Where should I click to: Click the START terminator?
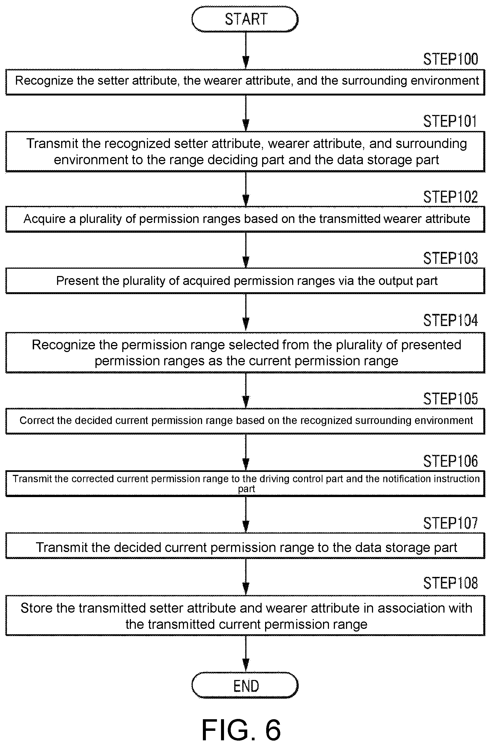click(245, 19)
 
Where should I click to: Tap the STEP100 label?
click(451, 59)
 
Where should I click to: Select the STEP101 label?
click(450, 121)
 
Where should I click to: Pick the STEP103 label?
click(451, 259)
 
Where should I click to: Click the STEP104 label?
click(451, 320)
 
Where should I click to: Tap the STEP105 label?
click(451, 399)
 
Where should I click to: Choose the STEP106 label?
click(451, 461)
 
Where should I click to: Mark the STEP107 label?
click(451, 523)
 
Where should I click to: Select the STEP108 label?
click(451, 583)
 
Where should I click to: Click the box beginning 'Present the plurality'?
click(245, 281)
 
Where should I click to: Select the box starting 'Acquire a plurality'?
click(245, 219)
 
